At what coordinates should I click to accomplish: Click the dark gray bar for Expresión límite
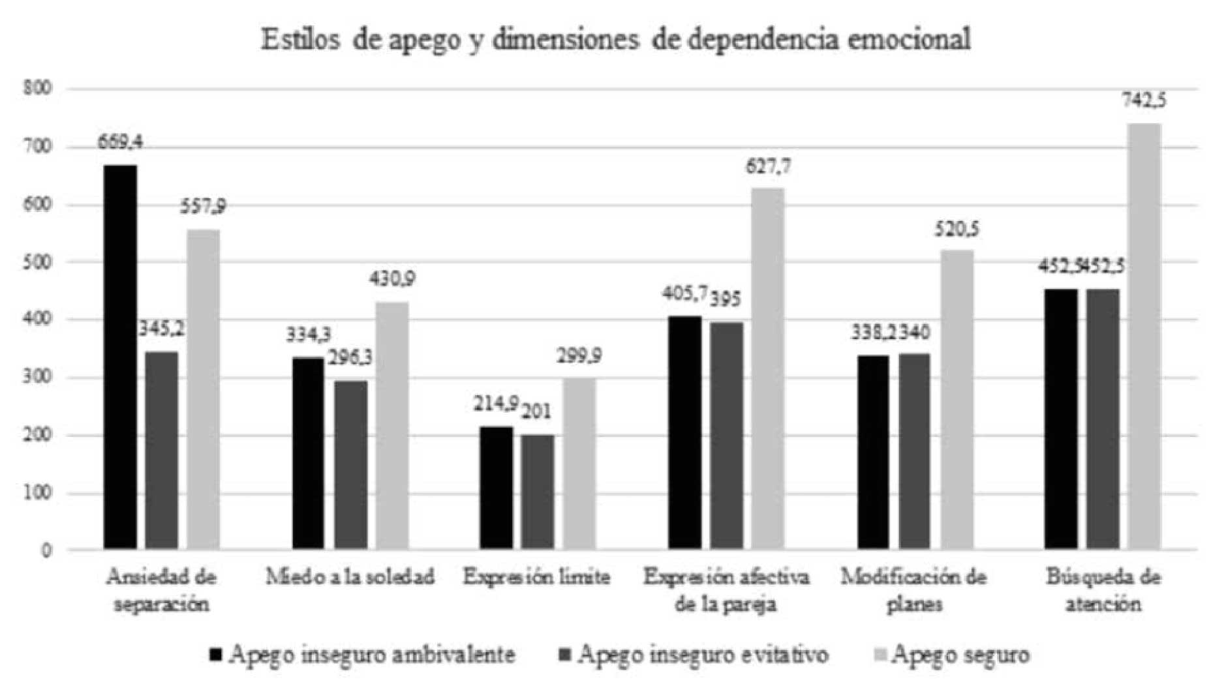pyautogui.click(x=537, y=492)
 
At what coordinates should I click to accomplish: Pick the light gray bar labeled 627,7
pyautogui.click(x=768, y=368)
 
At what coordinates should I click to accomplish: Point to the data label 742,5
pyautogui.click(x=1144, y=101)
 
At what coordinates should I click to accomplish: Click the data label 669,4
pyautogui.click(x=120, y=142)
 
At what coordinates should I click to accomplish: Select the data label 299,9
pyautogui.click(x=579, y=356)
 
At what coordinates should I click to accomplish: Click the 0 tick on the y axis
pyautogui.click(x=46, y=551)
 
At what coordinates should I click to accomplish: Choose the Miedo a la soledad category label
pyautogui.click(x=350, y=577)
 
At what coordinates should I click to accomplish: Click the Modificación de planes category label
pyautogui.click(x=913, y=590)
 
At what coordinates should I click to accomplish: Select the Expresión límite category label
pyautogui.click(x=536, y=577)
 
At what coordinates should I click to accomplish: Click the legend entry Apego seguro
pyautogui.click(x=952, y=654)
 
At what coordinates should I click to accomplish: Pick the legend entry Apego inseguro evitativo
pyautogui.click(x=694, y=654)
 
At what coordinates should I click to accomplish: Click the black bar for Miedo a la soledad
pyautogui.click(x=308, y=453)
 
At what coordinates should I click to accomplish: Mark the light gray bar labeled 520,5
pyautogui.click(x=957, y=399)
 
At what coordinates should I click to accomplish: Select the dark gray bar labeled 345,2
pyautogui.click(x=162, y=450)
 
